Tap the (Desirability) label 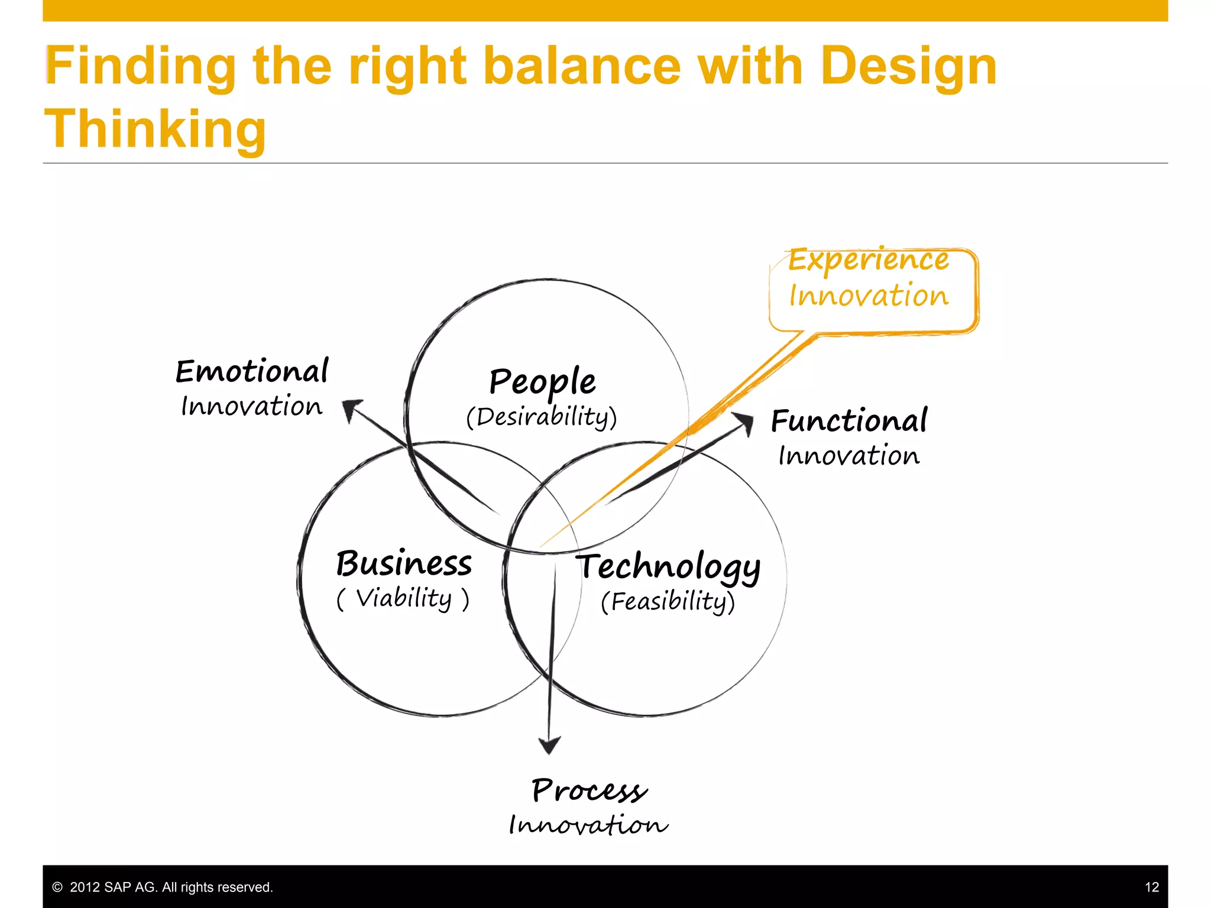(541, 417)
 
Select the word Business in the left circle (404, 563)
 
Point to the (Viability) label (403, 598)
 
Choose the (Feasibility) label (668, 602)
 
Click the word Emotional (252, 371)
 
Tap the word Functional (849, 421)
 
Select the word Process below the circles (589, 790)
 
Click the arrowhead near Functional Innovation (744, 422)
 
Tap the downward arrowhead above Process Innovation (549, 745)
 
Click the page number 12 (1151, 887)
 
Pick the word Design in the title (908, 66)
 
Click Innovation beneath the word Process (588, 825)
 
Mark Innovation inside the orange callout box (869, 296)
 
